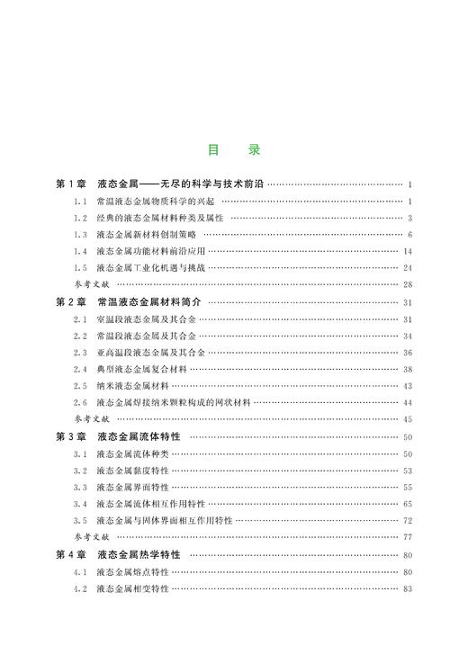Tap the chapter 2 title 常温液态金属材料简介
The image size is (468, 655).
click(x=149, y=302)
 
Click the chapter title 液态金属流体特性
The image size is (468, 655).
click(x=139, y=436)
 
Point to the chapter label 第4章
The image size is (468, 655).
click(x=71, y=554)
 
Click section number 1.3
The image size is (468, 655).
click(x=79, y=234)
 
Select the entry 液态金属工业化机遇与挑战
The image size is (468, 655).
click(x=145, y=267)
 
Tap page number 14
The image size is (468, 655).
click(x=408, y=251)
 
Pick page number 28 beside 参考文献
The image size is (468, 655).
click(x=408, y=284)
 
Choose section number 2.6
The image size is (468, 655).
click(x=79, y=402)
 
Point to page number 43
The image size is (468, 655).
click(x=408, y=385)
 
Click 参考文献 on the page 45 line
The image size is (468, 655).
click(x=90, y=419)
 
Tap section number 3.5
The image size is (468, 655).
click(x=79, y=520)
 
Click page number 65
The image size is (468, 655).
click(x=408, y=504)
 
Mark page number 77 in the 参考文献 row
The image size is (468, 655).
click(x=408, y=537)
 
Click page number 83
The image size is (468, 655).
click(x=408, y=588)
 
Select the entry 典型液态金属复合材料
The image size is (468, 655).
click(x=139, y=369)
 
